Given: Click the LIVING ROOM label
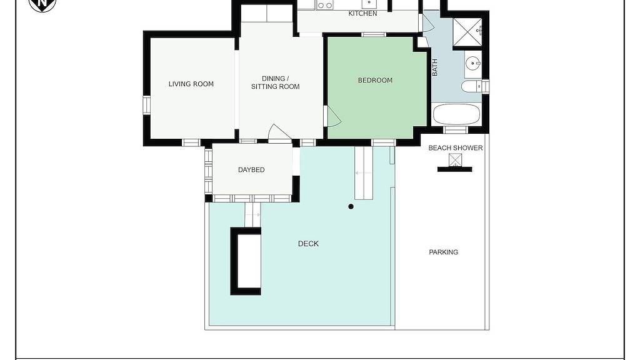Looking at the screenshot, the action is coord(191,84).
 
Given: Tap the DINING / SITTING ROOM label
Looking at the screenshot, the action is coord(275,82).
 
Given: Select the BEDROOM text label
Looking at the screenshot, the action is coord(375,81).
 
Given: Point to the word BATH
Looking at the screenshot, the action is coord(435,67).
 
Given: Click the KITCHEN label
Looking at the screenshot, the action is coord(362,14).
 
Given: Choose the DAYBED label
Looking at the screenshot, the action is coord(251,170).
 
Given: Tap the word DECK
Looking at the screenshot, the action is coord(308,244).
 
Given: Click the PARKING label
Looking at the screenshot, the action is coord(443,252).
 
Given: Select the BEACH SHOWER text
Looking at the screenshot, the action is coord(456,147).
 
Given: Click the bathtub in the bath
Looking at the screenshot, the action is coord(456,115).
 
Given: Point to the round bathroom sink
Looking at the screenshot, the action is coord(472,63).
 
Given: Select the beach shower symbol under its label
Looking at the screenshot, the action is coord(455,159).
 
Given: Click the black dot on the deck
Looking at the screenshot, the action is coord(351,206).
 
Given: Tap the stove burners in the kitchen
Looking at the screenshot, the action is coord(325,5).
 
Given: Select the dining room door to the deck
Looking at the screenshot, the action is coord(279,132).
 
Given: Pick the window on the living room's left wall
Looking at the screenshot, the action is coord(146,105).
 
